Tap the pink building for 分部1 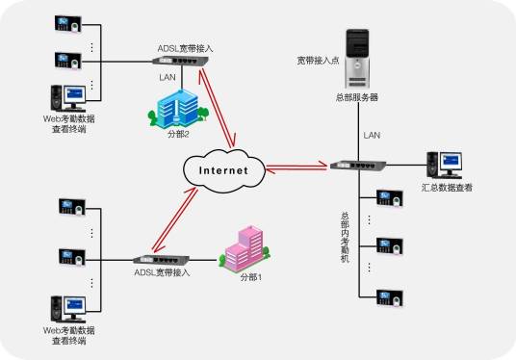coord(244,250)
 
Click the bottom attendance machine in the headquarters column coord(388,293)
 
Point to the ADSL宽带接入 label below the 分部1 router coord(162,273)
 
